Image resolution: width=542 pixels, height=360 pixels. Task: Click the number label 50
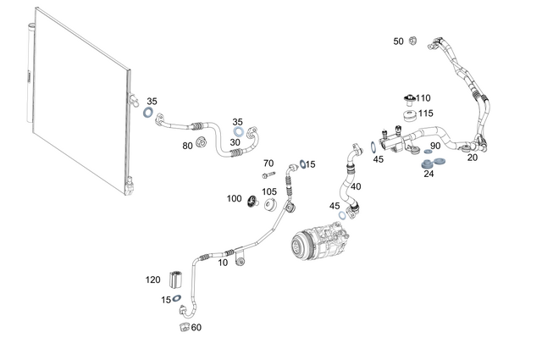click(x=398, y=41)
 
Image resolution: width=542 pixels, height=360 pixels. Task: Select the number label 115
click(x=425, y=114)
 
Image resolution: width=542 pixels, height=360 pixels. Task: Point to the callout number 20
click(x=473, y=158)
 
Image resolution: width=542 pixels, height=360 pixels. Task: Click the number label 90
click(x=435, y=147)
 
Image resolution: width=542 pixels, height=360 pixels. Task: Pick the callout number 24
click(x=429, y=174)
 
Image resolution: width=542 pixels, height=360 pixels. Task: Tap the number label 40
click(x=356, y=186)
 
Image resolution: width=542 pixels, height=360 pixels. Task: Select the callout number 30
click(x=235, y=142)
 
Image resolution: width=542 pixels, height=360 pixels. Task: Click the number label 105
click(x=268, y=192)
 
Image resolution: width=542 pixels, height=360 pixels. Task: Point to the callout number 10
click(x=223, y=263)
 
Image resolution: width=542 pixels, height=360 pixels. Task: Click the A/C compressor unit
click(x=313, y=236)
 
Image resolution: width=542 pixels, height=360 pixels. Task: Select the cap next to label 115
click(x=406, y=115)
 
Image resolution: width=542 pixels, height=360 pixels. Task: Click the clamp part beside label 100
click(x=252, y=202)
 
